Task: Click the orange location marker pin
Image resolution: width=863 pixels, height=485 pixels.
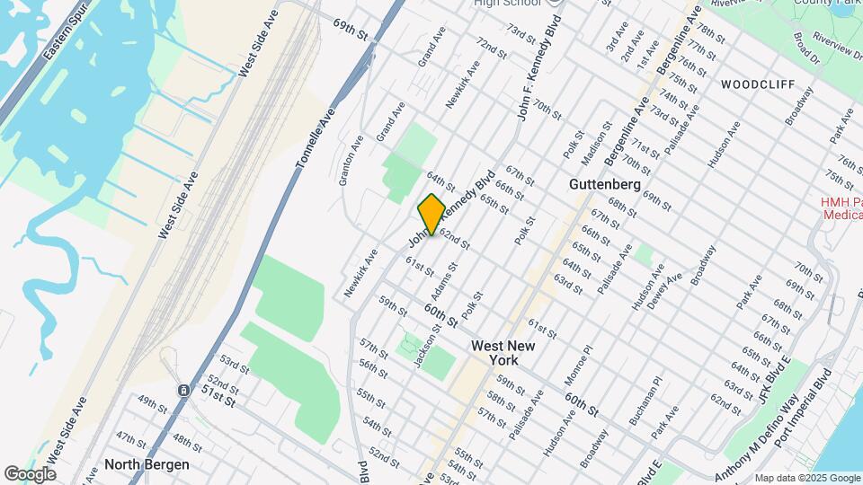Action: tap(431, 214)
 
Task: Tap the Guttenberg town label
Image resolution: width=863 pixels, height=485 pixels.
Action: tap(605, 184)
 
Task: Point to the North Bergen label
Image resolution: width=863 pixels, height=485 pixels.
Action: tap(147, 464)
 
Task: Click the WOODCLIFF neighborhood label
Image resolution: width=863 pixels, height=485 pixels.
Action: tap(757, 84)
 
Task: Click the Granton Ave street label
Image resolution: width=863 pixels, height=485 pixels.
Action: tap(351, 160)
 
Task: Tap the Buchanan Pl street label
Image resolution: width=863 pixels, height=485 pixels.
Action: tap(645, 401)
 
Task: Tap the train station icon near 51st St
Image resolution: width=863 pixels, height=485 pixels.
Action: tap(183, 391)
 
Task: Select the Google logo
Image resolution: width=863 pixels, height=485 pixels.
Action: tap(30, 473)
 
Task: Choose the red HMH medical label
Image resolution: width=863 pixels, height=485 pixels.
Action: tap(841, 208)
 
